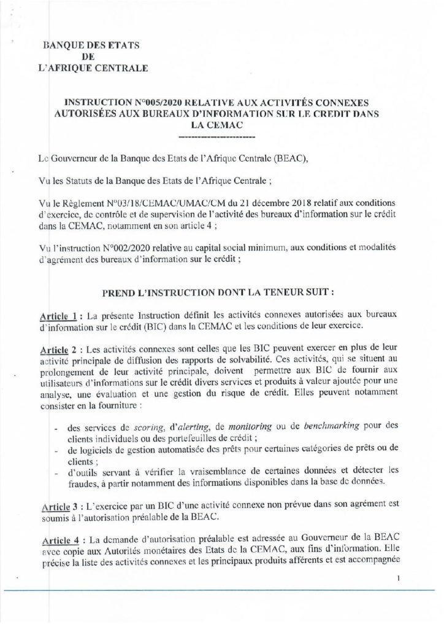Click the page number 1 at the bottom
coord(399,578)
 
